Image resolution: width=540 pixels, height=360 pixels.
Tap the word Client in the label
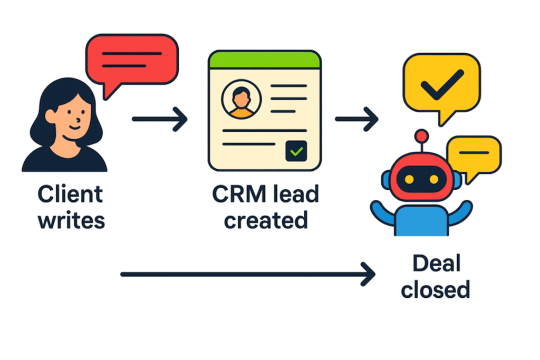click(x=70, y=194)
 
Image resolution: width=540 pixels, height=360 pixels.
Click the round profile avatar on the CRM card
click(x=242, y=101)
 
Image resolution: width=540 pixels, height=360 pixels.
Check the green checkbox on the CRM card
click(x=296, y=151)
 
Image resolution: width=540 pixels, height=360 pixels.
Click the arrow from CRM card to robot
click(x=356, y=120)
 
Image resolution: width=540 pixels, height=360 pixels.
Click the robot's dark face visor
click(x=420, y=179)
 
